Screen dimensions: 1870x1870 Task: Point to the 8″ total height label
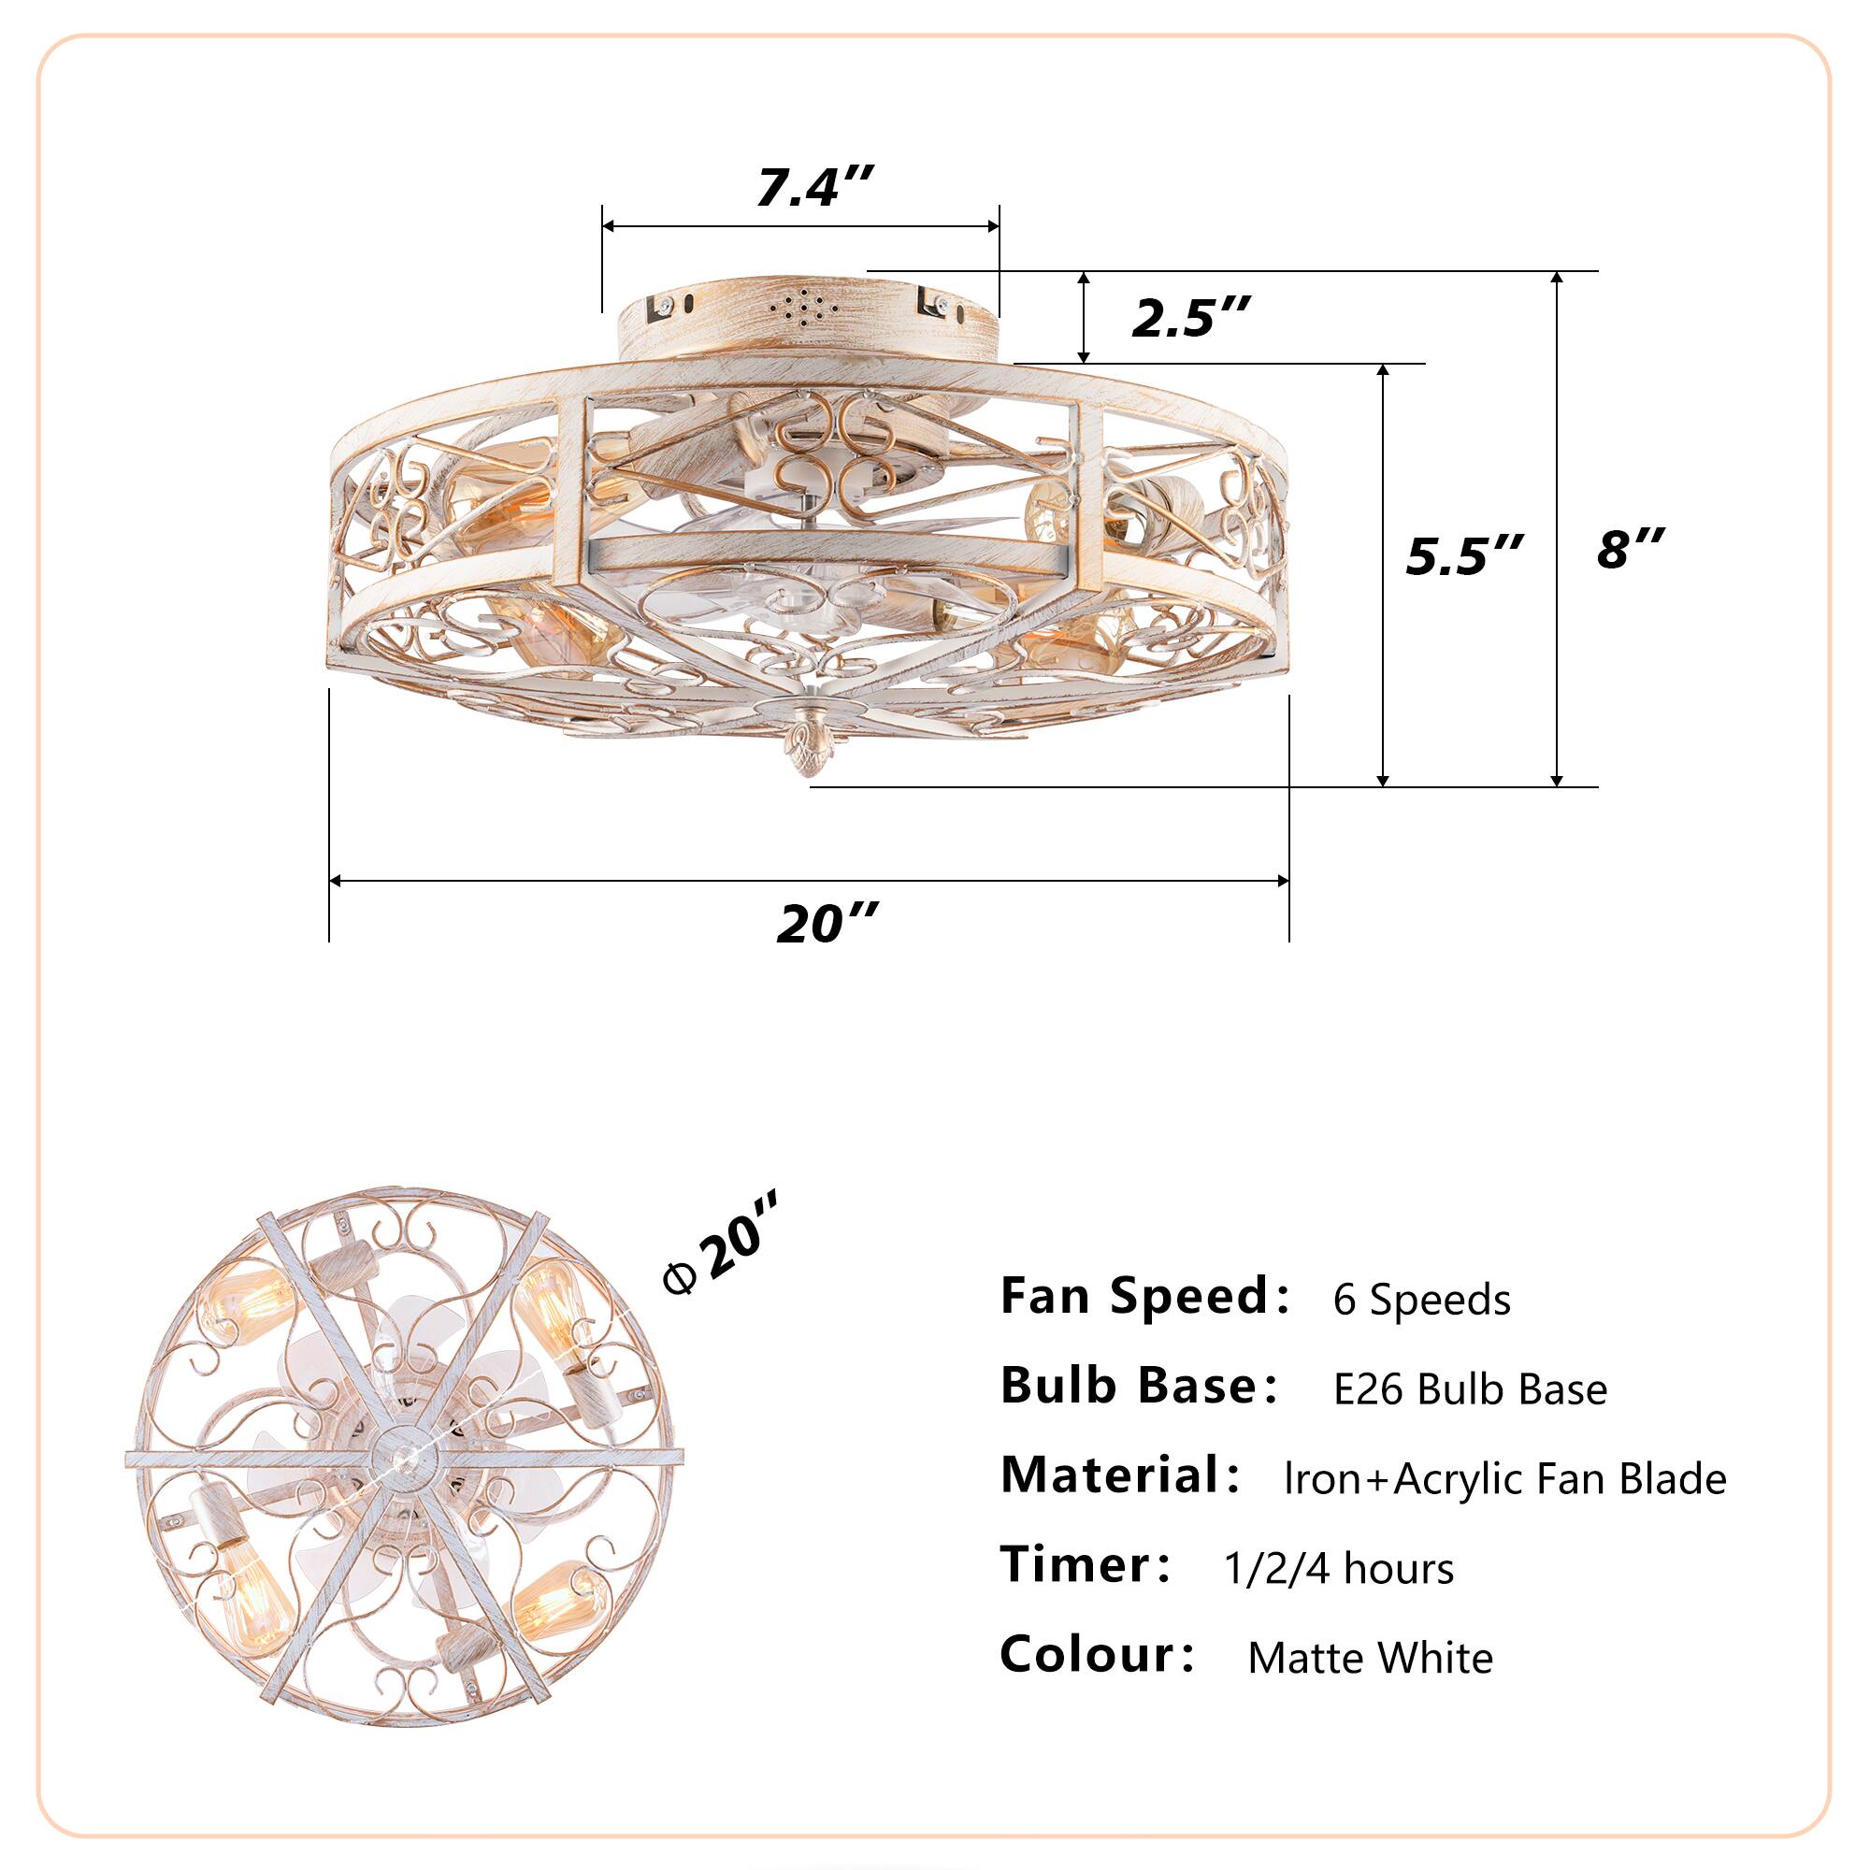click(x=1630, y=549)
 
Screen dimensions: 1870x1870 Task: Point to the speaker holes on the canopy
click(x=804, y=308)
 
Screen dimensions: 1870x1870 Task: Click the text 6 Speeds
click(x=1421, y=1300)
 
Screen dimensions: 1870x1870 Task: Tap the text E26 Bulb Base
click(x=1469, y=1390)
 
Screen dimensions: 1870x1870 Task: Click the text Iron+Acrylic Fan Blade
click(x=1504, y=1479)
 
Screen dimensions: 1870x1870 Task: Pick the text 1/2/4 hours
click(x=1339, y=1569)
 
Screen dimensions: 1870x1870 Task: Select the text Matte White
click(x=1370, y=1659)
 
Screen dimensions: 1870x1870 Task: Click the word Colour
click(x=1096, y=1655)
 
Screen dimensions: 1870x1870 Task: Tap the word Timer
click(x=1085, y=1565)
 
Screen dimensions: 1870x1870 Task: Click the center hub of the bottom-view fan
click(x=406, y=1457)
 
